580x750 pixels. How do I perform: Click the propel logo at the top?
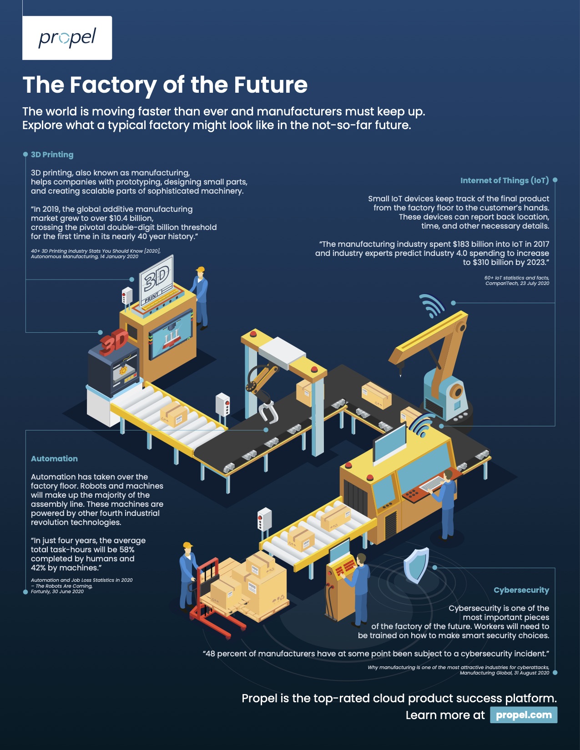pos(67,38)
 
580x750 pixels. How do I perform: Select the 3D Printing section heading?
pos(52,155)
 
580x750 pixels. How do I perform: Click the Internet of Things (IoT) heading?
pos(504,180)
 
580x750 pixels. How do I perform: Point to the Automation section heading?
pos(54,459)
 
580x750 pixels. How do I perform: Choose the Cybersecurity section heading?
pos(521,590)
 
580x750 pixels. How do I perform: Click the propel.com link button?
pos(523,715)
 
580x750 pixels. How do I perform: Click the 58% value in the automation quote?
pos(127,550)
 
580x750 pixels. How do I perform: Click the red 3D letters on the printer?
pos(114,341)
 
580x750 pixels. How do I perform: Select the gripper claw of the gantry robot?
pos(268,412)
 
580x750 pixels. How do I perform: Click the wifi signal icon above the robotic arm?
pos(431,305)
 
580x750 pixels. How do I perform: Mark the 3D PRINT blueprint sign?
pos(156,280)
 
